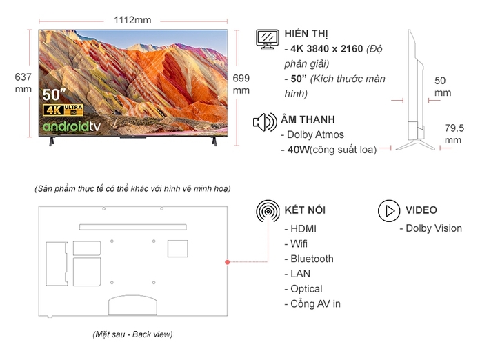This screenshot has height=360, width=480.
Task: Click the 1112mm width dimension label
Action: (132, 19)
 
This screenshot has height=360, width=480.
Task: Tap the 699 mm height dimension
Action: (241, 83)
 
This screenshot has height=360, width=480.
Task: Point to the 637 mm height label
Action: (23, 83)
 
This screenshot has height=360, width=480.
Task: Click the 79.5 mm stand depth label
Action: (453, 134)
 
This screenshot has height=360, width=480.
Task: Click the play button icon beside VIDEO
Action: (389, 210)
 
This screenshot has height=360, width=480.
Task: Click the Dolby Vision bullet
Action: (433, 228)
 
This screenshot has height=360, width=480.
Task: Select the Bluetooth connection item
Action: (312, 259)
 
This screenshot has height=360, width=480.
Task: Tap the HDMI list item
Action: (303, 228)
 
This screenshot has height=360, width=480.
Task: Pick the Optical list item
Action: (306, 289)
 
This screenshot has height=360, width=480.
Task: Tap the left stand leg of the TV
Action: (50, 142)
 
